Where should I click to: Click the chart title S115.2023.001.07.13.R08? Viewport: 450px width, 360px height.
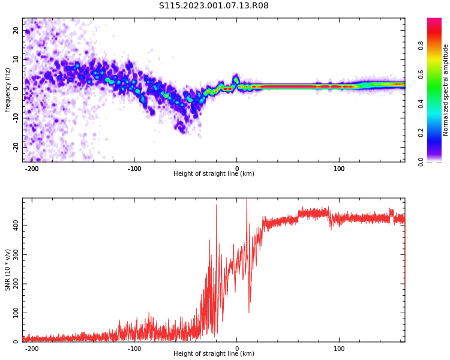point(214,6)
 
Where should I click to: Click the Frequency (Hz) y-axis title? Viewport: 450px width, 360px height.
point(8,90)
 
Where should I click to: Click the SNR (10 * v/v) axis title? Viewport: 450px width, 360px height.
point(8,270)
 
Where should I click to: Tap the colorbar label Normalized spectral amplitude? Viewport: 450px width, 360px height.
point(446,90)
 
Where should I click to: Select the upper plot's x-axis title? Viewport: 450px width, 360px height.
point(214,174)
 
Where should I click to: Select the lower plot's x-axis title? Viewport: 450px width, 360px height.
point(214,354)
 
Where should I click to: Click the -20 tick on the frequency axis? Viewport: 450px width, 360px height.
point(17,146)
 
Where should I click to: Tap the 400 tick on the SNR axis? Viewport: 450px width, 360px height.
point(14,225)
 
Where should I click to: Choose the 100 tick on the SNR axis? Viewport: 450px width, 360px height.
point(14,313)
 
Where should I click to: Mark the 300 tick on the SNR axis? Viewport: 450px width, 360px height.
point(14,254)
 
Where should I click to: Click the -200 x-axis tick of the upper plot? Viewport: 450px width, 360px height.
point(32,169)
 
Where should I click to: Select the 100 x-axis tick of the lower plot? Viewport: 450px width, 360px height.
point(339,349)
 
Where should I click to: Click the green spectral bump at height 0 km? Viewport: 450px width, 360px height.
point(236,80)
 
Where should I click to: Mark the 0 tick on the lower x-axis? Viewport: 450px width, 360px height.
point(237,349)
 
